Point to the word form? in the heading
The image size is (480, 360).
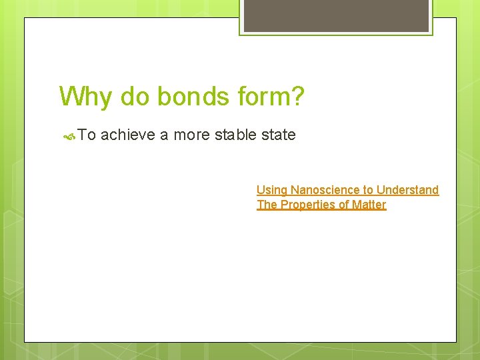point(271,97)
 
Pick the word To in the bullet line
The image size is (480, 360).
point(87,135)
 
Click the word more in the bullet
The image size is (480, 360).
point(193,135)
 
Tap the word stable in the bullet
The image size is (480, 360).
point(237,135)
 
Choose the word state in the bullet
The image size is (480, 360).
point(279,135)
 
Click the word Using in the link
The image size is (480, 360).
point(270,191)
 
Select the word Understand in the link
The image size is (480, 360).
point(408,190)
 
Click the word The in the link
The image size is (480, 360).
point(267,205)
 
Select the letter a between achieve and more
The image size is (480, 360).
point(164,135)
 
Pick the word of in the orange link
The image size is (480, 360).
point(344,205)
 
